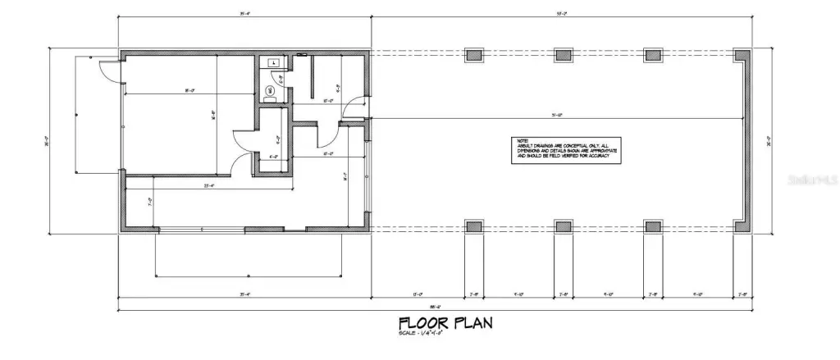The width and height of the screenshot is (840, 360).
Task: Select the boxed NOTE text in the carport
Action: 564,151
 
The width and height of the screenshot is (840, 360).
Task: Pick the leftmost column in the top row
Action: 474,56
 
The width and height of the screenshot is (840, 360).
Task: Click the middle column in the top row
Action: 563,56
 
